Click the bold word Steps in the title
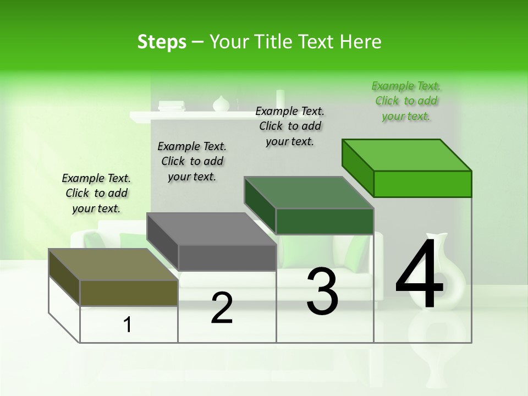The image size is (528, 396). click(162, 42)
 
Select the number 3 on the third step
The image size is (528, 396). click(322, 291)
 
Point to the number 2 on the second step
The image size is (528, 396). click(222, 308)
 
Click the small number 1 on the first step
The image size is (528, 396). click(128, 324)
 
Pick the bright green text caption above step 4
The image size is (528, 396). click(406, 101)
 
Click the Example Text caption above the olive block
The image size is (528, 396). click(96, 193)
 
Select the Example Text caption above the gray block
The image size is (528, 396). click(192, 161)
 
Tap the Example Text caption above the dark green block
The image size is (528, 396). click(290, 126)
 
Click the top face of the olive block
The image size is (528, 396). click(113, 265)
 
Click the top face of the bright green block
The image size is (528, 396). click(407, 155)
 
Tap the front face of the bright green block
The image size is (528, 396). click(422, 184)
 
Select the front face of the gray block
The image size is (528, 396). click(227, 257)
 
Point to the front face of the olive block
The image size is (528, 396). click(129, 293)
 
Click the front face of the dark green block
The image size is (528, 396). click(324, 221)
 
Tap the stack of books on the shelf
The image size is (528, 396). click(172, 106)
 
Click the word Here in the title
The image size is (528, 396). click(361, 42)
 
